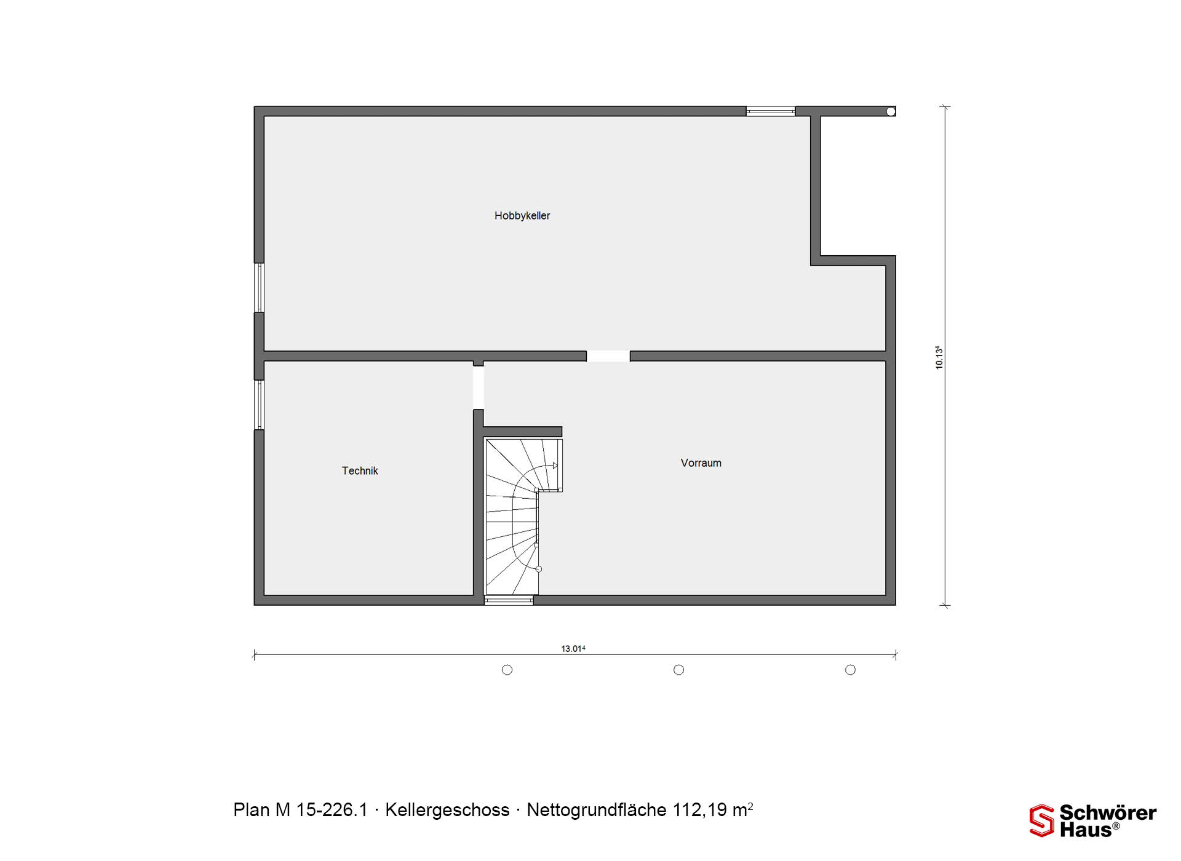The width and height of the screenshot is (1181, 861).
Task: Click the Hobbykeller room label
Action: click(522, 216)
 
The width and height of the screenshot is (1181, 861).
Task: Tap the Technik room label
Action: click(360, 470)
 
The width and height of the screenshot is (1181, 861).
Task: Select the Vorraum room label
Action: click(701, 463)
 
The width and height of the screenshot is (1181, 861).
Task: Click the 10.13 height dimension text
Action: click(939, 357)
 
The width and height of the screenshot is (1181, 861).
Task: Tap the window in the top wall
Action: click(771, 111)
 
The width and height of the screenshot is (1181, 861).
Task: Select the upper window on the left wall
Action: click(260, 288)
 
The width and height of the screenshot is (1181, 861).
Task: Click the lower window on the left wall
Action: click(260, 405)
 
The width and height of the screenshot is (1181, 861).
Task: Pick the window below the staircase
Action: click(509, 600)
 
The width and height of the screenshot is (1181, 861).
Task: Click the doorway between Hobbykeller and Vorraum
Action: click(608, 356)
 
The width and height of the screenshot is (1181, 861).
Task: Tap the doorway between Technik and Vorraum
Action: click(479, 387)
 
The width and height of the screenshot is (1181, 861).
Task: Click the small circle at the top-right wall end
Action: click(891, 111)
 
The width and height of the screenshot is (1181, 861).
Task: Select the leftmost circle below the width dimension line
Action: click(507, 670)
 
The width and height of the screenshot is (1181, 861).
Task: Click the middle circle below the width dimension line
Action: click(679, 670)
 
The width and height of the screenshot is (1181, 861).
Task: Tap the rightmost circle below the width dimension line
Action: click(851, 670)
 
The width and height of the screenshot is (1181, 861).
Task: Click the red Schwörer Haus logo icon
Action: click(1042, 820)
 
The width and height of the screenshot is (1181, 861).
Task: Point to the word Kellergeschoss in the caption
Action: click(447, 811)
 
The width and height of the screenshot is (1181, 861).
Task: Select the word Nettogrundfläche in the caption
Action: click(597, 811)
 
